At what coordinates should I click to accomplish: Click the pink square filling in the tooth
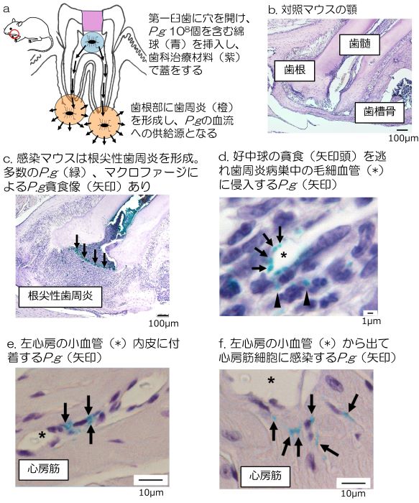(93, 21)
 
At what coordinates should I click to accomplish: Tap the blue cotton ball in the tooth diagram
(93, 42)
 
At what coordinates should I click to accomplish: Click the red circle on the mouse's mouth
(14, 34)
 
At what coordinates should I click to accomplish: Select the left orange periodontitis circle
(69, 111)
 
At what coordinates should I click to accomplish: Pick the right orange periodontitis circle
(104, 123)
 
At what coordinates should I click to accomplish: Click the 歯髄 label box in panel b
(359, 44)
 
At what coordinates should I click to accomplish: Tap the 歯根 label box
(295, 70)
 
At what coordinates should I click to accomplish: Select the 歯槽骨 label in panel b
(379, 111)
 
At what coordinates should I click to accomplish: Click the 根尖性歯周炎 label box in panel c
(60, 296)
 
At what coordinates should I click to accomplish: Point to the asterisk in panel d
(283, 255)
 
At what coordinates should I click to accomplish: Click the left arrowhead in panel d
(277, 302)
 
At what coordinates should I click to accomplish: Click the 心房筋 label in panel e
(44, 469)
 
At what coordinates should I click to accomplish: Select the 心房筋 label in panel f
(265, 476)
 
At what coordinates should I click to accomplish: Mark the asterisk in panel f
(272, 380)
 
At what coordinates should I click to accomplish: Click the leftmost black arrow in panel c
(76, 241)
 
